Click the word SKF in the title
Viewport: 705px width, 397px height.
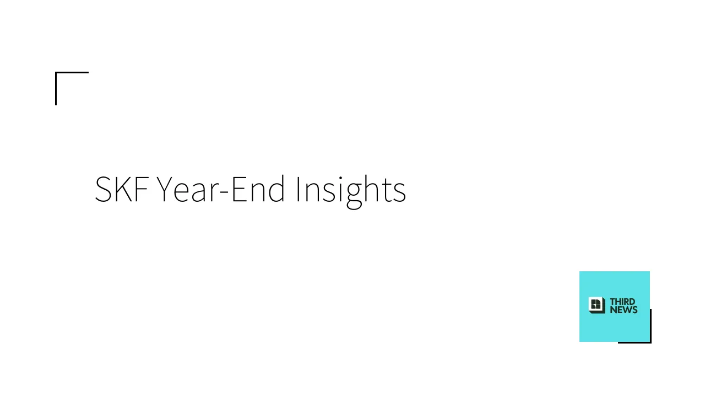122,189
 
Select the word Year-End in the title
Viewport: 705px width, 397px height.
221,189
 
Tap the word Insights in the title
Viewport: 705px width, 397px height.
351,191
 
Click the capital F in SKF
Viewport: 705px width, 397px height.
143,189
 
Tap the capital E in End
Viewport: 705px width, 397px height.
239,189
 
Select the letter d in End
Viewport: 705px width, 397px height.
277,189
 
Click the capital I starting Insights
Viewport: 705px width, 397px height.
298,189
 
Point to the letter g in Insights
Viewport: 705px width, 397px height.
354,196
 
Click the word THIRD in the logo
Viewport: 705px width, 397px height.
622,302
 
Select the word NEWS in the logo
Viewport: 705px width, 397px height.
624,310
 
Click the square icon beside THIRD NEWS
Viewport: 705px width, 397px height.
596,305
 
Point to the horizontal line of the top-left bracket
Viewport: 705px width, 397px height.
72,72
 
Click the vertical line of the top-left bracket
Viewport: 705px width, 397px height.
56,89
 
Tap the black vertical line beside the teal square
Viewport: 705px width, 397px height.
650,326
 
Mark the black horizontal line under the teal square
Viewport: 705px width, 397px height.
635,342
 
